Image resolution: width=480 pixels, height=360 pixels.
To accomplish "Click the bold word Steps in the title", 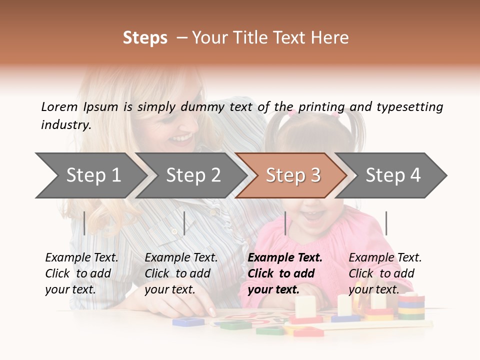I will pos(145,38).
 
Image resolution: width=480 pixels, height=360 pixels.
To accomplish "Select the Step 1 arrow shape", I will pos(90,175).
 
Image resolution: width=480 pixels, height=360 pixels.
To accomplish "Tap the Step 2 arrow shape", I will pos(192,175).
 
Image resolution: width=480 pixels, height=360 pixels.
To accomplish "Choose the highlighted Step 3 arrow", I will pos(292,175).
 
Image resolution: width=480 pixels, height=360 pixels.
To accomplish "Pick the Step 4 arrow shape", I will pos(392,175).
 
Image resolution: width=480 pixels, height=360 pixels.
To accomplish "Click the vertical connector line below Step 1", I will pos(84,223).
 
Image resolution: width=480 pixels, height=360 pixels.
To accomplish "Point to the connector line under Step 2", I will pos(184,223).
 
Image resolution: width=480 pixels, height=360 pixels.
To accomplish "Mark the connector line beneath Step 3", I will pos(285,223).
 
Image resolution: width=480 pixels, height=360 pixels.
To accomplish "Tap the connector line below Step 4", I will pos(386,223).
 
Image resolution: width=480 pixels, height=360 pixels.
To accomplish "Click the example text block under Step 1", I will pos(81,273).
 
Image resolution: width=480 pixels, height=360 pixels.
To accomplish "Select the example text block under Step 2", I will pos(181,273).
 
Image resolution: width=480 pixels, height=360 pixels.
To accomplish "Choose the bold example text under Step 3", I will pos(285,273).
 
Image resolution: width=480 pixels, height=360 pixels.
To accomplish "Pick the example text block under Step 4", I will pos(385,273).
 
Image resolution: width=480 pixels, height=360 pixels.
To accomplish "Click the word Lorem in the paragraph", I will pos(59,106).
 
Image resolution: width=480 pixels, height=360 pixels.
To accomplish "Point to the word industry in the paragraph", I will pos(65,125).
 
